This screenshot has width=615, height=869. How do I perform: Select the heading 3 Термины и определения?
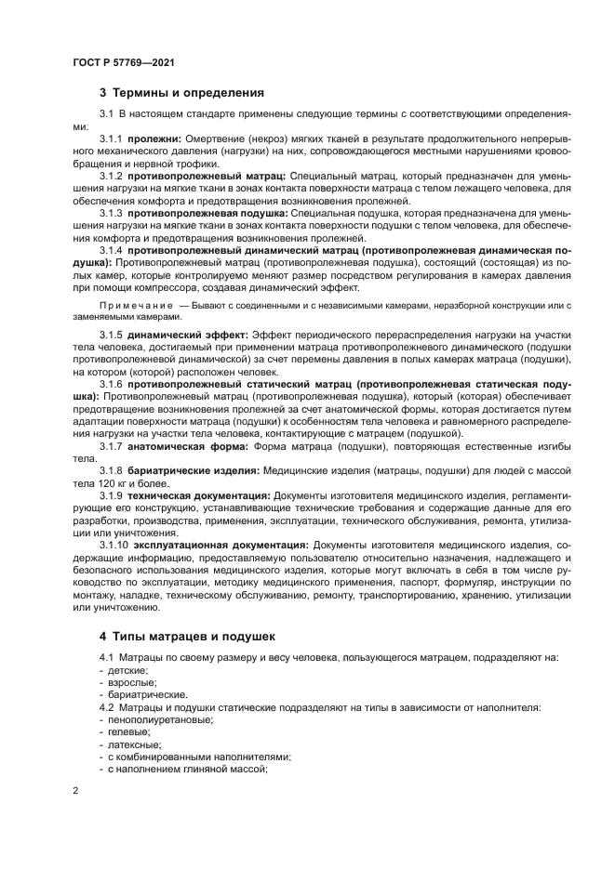click(x=181, y=93)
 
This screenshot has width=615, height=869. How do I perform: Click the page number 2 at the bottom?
click(x=75, y=791)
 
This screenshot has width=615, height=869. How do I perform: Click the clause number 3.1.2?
click(x=111, y=175)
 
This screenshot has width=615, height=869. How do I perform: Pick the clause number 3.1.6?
click(x=111, y=383)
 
